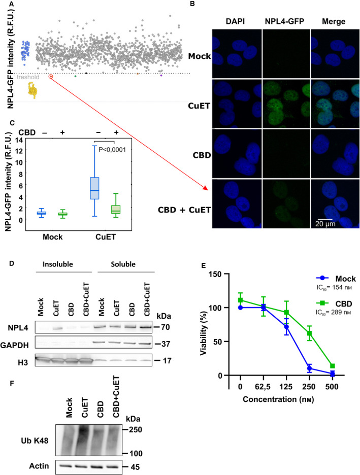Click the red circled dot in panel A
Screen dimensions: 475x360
point(51,77)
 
